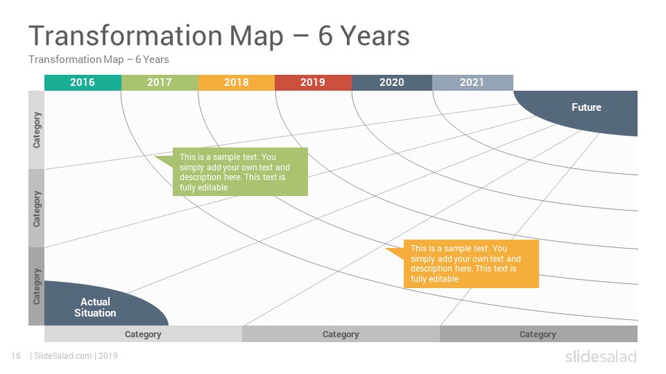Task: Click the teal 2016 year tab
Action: [83, 82]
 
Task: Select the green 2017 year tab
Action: [160, 82]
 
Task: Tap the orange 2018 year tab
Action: [237, 82]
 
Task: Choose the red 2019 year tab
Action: [313, 82]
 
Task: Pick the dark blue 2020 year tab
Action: [392, 82]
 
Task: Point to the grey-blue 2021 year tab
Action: [472, 82]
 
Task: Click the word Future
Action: [586, 107]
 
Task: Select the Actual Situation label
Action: [95, 308]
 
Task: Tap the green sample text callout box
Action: [240, 172]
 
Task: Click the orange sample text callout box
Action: [471, 264]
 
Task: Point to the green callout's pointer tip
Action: [155, 157]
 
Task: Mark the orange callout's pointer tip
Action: [386, 249]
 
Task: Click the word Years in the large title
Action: [375, 35]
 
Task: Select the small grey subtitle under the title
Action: [99, 60]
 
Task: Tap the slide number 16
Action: [16, 356]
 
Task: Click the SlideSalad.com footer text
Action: [63, 356]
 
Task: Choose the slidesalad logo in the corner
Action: [601, 357]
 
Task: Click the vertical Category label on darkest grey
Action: [37, 286]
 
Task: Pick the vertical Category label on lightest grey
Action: [37, 130]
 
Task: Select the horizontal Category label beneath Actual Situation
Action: [143, 334]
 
